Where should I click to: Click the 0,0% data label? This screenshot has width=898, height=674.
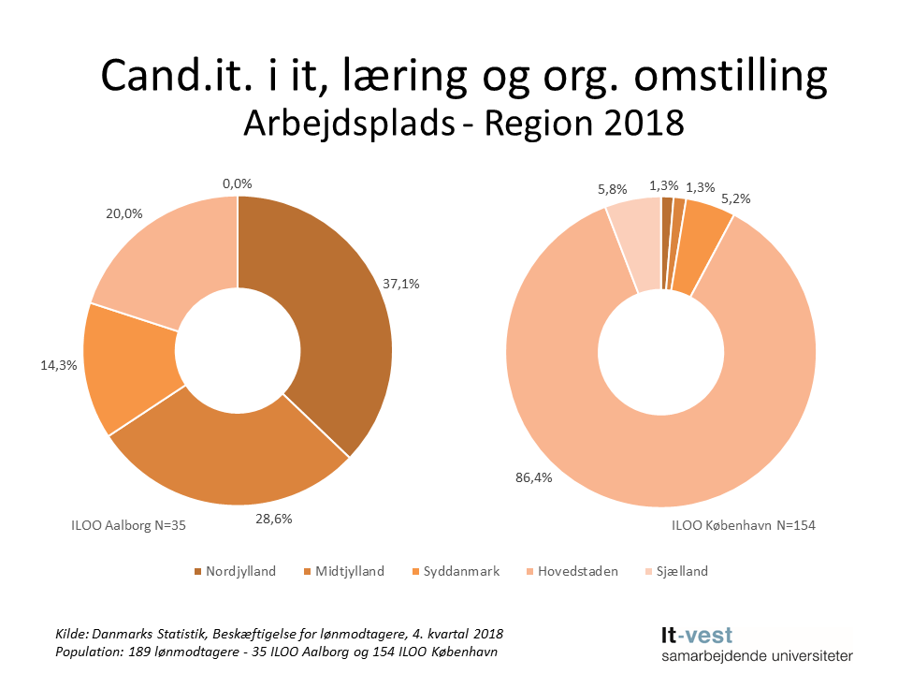pyautogui.click(x=238, y=184)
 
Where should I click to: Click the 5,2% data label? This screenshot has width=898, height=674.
pyautogui.click(x=735, y=198)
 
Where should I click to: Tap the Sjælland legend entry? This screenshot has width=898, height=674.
pyautogui.click(x=676, y=571)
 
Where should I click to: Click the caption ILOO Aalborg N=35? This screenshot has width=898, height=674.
pyautogui.click(x=129, y=525)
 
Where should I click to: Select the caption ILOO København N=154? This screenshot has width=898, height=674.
pyautogui.click(x=743, y=525)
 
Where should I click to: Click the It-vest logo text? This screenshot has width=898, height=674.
pyautogui.click(x=693, y=636)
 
